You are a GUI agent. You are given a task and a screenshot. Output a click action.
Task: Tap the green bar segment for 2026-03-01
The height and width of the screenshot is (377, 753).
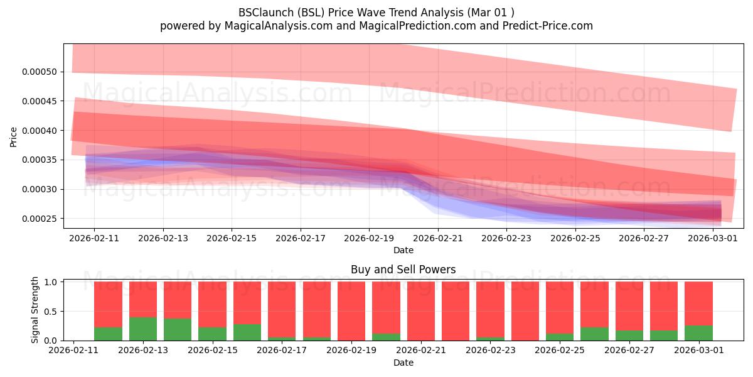point(698,333)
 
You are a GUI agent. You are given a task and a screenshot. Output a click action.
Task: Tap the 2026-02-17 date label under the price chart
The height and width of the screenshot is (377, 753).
point(301,238)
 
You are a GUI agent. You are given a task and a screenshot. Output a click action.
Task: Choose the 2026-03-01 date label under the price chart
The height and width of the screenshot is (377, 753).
point(713,238)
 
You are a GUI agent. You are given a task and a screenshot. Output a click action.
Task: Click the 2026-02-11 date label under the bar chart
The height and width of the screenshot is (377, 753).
point(73,351)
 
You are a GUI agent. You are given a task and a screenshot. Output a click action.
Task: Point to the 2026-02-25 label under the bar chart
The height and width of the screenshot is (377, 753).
point(560,351)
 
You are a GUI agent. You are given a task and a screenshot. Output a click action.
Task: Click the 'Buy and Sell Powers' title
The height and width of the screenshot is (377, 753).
point(403,270)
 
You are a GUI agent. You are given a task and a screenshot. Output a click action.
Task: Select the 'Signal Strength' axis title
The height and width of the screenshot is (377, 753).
point(35,310)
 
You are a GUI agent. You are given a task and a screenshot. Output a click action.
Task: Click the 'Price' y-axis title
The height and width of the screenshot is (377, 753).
point(13,137)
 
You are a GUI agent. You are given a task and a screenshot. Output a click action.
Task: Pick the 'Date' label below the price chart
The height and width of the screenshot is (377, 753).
point(403,250)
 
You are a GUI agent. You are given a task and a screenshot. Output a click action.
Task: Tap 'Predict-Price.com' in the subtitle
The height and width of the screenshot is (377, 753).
point(548,26)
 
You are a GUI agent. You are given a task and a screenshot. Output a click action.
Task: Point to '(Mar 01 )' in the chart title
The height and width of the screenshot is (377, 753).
point(491,13)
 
